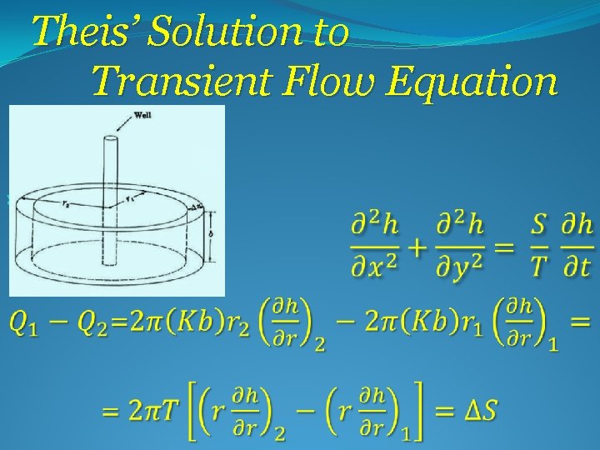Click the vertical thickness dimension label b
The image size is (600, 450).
213,234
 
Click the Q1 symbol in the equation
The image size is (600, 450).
27,321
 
